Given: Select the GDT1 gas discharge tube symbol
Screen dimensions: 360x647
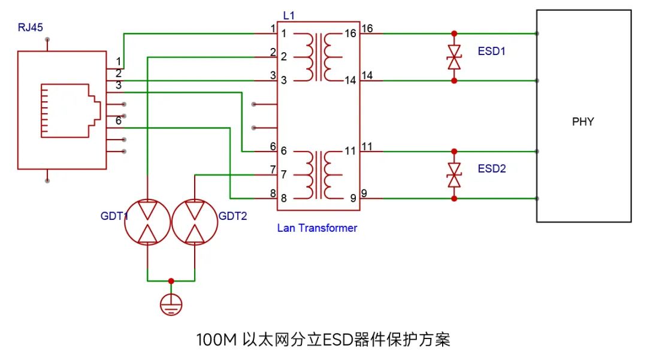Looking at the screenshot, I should pyautogui.click(x=147, y=222).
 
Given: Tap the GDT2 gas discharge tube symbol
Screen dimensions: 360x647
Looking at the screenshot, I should pyautogui.click(x=195, y=222).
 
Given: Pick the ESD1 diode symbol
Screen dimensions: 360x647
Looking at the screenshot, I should pyautogui.click(x=454, y=57).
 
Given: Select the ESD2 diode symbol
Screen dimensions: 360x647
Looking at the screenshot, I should pyautogui.click(x=454, y=174).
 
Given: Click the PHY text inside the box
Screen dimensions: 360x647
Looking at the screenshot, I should pyautogui.click(x=583, y=122).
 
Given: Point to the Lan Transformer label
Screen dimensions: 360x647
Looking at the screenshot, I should pyautogui.click(x=317, y=228).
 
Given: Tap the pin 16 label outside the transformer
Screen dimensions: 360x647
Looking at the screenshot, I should pyautogui.click(x=367, y=28).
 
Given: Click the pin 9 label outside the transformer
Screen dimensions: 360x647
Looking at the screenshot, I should pyautogui.click(x=365, y=193).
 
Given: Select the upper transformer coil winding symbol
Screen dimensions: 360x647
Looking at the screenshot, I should pyautogui.click(x=318, y=57).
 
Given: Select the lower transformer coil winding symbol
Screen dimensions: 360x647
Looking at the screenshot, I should pyautogui.click(x=318, y=174).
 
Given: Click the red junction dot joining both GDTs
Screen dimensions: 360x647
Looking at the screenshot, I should pyautogui.click(x=171, y=280).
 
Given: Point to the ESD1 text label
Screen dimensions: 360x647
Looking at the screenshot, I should pyautogui.click(x=492, y=52).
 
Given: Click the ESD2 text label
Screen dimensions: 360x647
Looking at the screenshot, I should pyautogui.click(x=492, y=169).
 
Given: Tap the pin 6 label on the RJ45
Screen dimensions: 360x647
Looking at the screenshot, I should pyautogui.click(x=119, y=120).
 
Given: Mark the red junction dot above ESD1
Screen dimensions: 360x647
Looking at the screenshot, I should pyautogui.click(x=454, y=34).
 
